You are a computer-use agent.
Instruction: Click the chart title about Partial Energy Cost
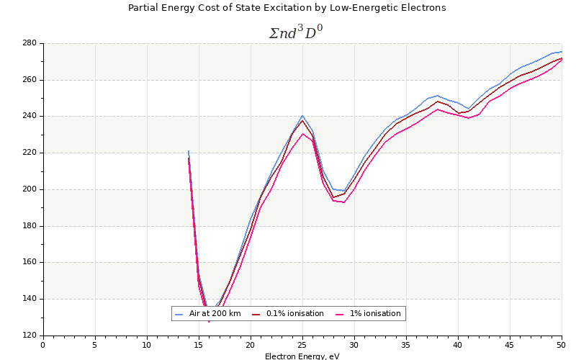point(287,8)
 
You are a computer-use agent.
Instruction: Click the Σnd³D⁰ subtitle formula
point(295,33)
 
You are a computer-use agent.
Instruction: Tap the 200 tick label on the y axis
point(29,189)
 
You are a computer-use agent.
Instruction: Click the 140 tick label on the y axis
point(29,299)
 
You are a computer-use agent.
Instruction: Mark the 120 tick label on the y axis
point(29,336)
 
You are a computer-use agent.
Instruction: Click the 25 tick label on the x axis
point(302,345)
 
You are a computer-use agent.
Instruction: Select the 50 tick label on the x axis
point(562,345)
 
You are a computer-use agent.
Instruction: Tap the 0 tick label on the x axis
point(43,345)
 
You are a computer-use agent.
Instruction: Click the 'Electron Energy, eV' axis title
point(302,356)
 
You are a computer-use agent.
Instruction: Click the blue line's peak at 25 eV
point(302,115)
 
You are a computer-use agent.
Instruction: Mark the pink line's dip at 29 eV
point(343,202)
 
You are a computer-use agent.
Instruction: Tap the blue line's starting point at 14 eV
point(189,151)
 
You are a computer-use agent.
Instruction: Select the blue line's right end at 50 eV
point(562,51)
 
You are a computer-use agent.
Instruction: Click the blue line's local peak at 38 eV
point(437,95)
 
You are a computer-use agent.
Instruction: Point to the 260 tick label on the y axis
point(29,80)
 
